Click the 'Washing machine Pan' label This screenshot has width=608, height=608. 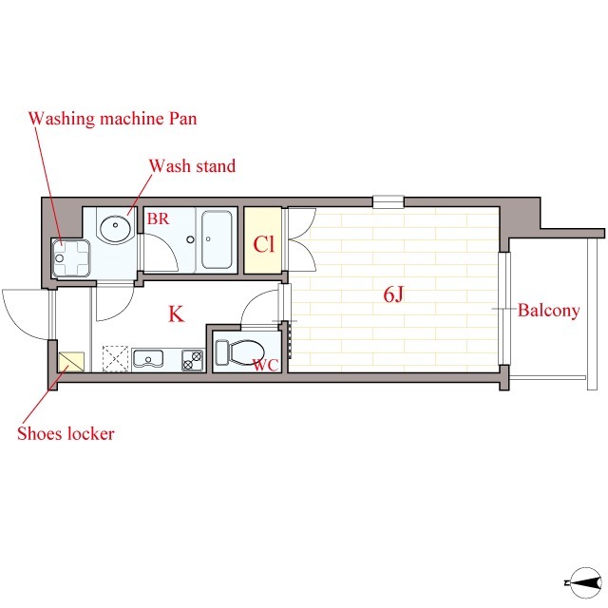coord(112,118)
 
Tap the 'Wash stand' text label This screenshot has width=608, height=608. coord(192,166)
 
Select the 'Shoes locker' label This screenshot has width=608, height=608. coord(66,433)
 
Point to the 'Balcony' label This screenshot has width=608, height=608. coord(549,311)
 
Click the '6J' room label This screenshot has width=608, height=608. coord(393,294)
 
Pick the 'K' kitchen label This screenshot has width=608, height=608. coord(176,314)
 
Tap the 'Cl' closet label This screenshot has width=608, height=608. coord(264,244)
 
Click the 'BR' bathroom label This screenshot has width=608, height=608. coord(159,219)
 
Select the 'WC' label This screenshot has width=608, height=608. coord(266,365)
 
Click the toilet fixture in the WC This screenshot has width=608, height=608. coord(239,352)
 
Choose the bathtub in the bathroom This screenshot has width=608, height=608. coord(217,239)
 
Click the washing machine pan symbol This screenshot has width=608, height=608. coord(71,258)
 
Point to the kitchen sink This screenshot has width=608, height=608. coord(148,359)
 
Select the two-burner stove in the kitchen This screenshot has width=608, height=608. coord(193,360)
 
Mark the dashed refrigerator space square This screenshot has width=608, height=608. coord(115,359)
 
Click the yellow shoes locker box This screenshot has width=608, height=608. coord(71,361)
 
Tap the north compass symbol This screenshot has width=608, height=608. coord(585,582)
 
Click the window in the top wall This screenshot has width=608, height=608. coord(389,201)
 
